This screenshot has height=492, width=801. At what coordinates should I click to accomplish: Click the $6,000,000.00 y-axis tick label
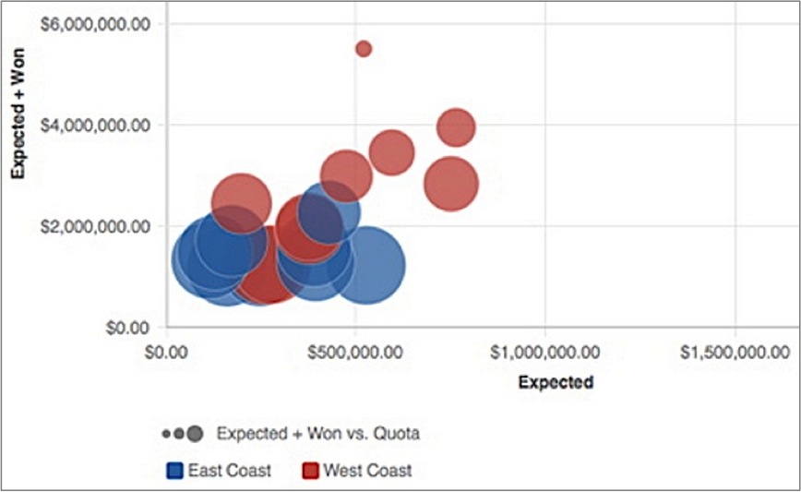tap(96, 22)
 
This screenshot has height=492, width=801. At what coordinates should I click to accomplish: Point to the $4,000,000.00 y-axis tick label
tap(96, 125)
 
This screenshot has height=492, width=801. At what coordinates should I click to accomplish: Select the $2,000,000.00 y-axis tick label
tap(96, 226)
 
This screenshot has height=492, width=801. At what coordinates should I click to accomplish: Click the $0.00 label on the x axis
tap(167, 353)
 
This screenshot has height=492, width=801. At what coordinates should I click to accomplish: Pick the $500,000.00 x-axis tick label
tap(356, 353)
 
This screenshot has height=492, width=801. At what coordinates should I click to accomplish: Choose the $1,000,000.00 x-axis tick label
tap(545, 353)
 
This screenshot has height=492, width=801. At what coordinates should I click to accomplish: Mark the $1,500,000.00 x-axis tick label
tap(735, 353)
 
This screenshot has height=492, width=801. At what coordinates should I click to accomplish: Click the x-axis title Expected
tap(556, 381)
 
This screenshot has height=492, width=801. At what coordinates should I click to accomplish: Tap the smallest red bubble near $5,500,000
tap(364, 49)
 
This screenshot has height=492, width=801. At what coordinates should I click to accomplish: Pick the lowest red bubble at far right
tap(451, 184)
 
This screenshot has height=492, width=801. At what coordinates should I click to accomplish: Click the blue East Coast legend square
tap(174, 471)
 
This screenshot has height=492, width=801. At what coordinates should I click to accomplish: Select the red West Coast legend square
tap(312, 471)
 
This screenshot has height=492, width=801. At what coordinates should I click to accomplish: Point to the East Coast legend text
tap(229, 471)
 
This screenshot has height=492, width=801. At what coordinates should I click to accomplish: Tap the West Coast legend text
tap(367, 471)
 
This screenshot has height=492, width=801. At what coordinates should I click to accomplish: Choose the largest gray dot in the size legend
tap(193, 432)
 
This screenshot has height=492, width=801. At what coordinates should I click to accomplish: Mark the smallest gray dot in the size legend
tap(166, 433)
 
